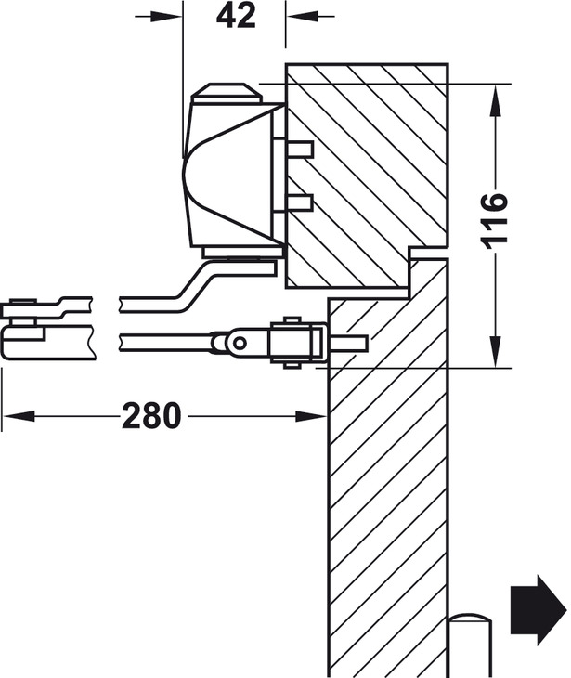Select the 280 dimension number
point(152,416)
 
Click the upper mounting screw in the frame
point(299,150)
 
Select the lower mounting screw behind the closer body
point(299,203)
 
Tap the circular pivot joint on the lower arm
point(238,343)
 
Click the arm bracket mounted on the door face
point(296,343)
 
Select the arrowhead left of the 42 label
point(172,17)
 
